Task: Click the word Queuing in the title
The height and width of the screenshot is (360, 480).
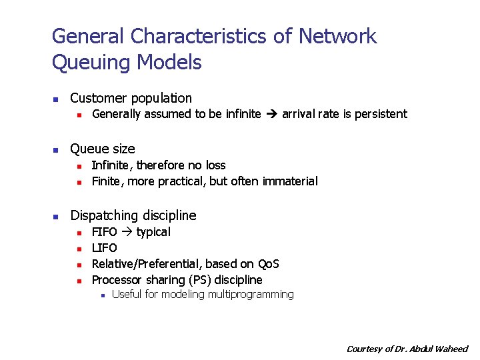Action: click(91, 63)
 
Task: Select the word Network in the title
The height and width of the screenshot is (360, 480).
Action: click(338, 36)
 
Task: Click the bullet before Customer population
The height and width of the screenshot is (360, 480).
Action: click(57, 99)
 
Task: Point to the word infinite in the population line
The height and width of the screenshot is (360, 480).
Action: click(243, 114)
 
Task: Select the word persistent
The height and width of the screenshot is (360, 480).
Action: click(381, 114)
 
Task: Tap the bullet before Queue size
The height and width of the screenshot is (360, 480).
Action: click(57, 149)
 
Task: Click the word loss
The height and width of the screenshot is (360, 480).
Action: click(215, 165)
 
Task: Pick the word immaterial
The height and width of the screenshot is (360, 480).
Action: click(290, 181)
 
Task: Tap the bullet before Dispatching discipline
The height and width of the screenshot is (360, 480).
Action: click(57, 216)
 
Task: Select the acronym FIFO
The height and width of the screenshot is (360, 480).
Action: click(104, 232)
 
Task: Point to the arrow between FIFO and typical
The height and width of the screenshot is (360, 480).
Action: click(126, 232)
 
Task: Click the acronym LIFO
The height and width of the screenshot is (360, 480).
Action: click(104, 248)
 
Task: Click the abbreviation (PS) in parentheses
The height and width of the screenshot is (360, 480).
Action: click(201, 280)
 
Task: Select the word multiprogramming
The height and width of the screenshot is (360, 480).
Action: click(251, 295)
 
